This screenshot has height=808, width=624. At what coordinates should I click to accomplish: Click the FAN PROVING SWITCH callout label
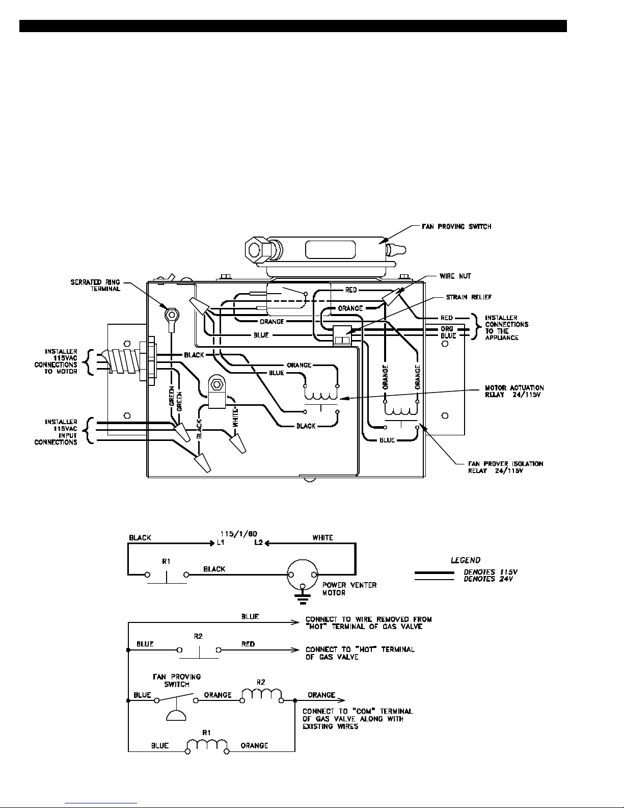point(456,226)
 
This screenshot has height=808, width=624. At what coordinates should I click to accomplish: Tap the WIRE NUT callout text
point(455,276)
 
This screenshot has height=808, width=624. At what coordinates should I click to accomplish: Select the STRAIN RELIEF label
point(469,297)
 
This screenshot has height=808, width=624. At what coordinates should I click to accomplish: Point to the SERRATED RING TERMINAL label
point(95,285)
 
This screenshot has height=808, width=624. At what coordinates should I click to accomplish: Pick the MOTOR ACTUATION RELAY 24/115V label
point(514,391)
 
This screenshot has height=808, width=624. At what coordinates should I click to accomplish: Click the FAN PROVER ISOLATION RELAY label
point(505,467)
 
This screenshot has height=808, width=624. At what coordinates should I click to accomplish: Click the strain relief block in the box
point(342,336)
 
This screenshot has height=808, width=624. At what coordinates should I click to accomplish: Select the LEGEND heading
point(466,560)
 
